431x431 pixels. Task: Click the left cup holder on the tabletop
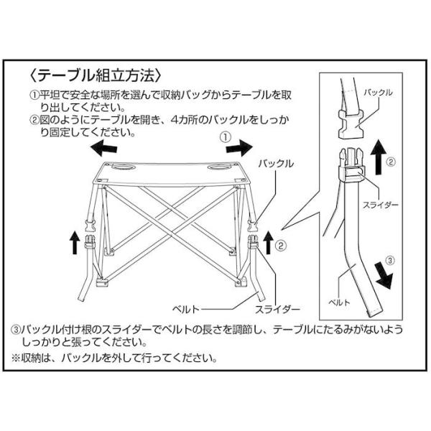pos(123,167)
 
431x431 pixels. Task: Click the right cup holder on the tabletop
pos(218,167)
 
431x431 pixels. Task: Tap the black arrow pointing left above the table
pos(103,147)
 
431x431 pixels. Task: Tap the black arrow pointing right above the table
pos(239,147)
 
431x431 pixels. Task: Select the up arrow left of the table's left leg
pos(74,243)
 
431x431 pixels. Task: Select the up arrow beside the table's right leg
pos(268,243)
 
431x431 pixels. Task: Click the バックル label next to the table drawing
pos(276,164)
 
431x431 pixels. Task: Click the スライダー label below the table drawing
pos(277,310)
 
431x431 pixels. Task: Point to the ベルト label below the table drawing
pos(185,310)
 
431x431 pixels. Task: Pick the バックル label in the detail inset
pos(378,93)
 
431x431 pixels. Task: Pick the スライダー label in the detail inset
pos(381,205)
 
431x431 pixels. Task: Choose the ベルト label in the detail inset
pos(340,302)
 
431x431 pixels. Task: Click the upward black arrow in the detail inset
pos(379,157)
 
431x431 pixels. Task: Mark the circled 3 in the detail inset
pos(389,260)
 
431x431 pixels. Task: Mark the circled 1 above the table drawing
pos(226,137)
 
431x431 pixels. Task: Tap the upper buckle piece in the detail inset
pos(351,124)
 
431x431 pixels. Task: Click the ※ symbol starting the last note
pos(16,358)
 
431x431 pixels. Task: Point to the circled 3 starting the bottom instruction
pos(16,330)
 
